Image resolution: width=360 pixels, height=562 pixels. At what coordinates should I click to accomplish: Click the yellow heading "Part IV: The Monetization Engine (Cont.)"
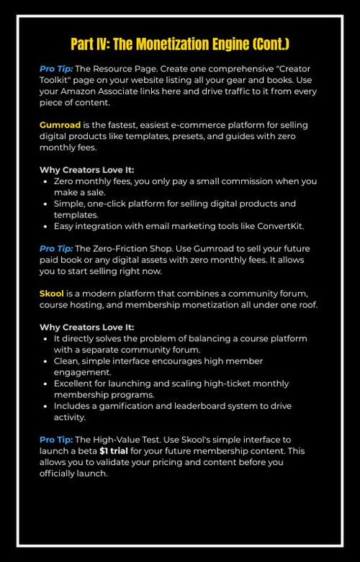coord(180,44)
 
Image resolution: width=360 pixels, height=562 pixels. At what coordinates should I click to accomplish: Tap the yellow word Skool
coord(52,294)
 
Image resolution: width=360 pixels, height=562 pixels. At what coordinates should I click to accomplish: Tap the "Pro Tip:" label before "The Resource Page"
coord(55,68)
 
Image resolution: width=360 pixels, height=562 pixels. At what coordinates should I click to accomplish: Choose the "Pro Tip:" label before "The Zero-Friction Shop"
coord(55,248)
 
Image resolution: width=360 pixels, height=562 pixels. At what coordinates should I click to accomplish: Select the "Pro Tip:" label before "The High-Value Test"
coord(56,440)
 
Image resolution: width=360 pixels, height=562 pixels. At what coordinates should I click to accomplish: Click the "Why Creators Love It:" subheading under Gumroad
coord(86,170)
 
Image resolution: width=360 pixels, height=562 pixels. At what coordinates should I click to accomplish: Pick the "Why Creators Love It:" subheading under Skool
coord(86,327)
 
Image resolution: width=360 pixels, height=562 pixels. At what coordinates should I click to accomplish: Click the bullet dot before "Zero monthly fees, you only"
coord(45,181)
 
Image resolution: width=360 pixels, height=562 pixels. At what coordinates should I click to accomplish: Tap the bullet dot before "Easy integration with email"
coord(45,226)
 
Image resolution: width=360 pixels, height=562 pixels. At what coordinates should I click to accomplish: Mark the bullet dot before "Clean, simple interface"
coord(45,361)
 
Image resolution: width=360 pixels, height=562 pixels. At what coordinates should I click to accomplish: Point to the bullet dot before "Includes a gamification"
coord(45,407)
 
